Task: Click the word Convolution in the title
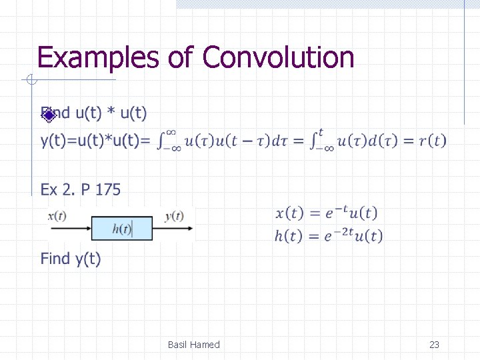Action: [278, 57]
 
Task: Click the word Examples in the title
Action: [99, 57]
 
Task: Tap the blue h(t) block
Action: [122, 229]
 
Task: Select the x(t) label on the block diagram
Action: [57, 216]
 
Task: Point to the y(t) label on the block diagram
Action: [174, 216]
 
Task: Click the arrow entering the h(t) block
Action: [70, 229]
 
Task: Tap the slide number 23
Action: [434, 345]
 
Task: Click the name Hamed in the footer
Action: [205, 345]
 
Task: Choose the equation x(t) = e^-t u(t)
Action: [326, 213]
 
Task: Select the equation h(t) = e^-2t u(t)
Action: [329, 235]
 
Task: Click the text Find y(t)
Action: [71, 259]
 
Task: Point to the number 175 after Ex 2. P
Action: [108, 190]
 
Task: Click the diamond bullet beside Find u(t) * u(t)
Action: [48, 115]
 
